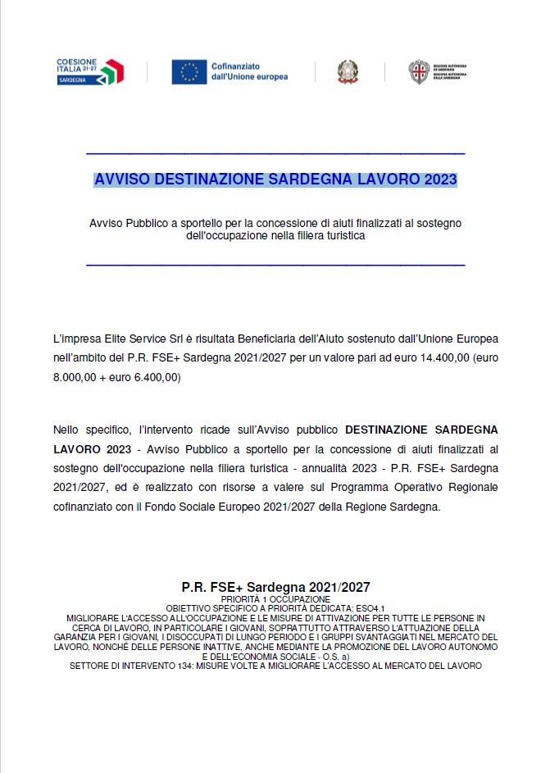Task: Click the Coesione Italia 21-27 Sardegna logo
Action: coord(89,71)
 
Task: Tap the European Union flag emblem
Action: coord(189,72)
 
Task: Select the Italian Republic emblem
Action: coord(347,72)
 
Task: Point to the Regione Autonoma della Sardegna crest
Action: coord(420,72)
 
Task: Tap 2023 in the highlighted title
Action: coord(440,179)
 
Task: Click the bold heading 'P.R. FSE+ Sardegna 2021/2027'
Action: coord(275,587)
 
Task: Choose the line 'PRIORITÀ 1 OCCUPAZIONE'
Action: coord(275,600)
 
